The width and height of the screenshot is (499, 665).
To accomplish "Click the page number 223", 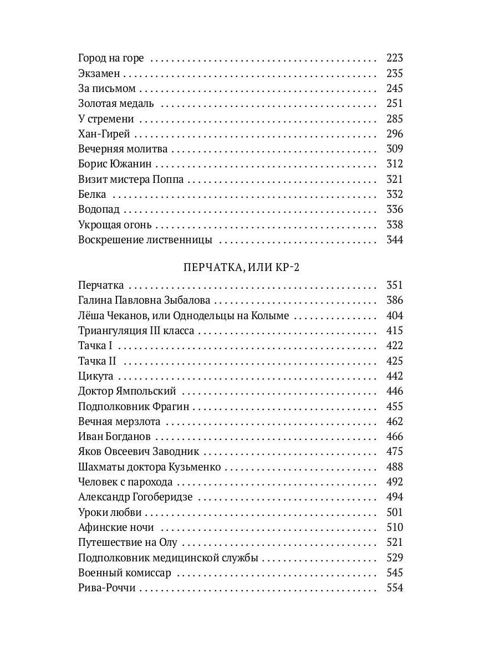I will coord(394,58).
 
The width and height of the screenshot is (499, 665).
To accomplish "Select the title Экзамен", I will coord(100,73).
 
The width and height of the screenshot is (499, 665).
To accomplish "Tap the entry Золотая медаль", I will coord(116,104).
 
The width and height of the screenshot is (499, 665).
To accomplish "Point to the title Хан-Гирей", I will coord(104,134).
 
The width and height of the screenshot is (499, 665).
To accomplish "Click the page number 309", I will coord(394,149).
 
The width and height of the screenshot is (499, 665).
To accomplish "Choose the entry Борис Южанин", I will coord(115,164).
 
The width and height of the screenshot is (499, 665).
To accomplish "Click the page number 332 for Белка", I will coord(394,194).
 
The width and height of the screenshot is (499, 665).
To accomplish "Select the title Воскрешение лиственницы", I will coord(145,240).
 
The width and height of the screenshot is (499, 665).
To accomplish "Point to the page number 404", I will coord(394,315).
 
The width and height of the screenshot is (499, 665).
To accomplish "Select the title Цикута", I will coord(96,376).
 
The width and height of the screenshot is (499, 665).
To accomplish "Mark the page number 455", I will coord(394,406).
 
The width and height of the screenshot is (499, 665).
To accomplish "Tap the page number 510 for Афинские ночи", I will coord(394,527).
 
